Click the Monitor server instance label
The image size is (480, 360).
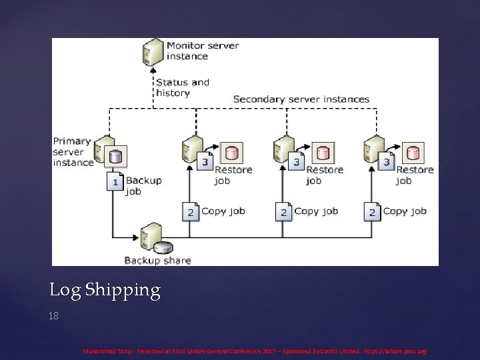pyautogui.click(x=203, y=51)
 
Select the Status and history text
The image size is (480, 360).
pyautogui.click(x=183, y=87)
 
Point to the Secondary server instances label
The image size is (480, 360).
pyautogui.click(x=301, y=99)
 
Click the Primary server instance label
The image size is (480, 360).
pyautogui.click(x=72, y=151)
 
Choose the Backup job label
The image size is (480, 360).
pyautogui.click(x=143, y=186)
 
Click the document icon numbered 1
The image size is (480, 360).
pyautogui.click(x=116, y=181)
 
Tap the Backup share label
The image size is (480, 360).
pyautogui.click(x=157, y=261)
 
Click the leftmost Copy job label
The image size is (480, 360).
pyautogui.click(x=223, y=211)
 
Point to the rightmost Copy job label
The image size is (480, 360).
pyautogui.click(x=405, y=211)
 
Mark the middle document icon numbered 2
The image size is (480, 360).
pyautogui.click(x=284, y=212)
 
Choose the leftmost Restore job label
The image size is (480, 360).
pyautogui.click(x=233, y=175)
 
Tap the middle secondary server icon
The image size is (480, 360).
pyautogui.click(x=283, y=147)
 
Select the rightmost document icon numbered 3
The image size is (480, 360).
pyautogui.click(x=367, y=161)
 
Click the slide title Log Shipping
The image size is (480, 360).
pyautogui.click(x=105, y=291)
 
